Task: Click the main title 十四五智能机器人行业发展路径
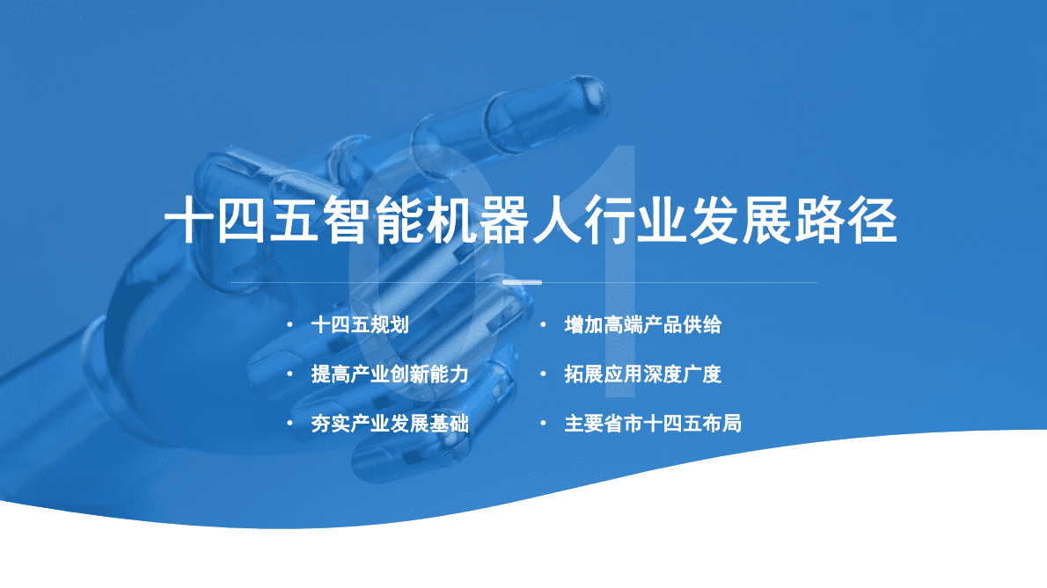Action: pos(531,220)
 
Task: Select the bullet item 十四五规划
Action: pos(360,325)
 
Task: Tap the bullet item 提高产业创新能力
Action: pos(389,374)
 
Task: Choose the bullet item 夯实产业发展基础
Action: pos(389,424)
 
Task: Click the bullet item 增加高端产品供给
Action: pos(642,325)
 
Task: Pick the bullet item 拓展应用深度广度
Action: pos(642,374)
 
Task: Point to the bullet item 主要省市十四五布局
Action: pos(652,424)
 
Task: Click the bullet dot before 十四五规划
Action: pos(289,325)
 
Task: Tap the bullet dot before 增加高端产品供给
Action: pos(544,325)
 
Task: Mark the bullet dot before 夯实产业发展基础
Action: pos(289,424)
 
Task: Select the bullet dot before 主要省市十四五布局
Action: pos(544,424)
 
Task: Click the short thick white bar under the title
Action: pos(522,282)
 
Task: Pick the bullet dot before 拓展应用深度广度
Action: pos(544,374)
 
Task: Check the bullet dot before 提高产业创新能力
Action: pos(289,374)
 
